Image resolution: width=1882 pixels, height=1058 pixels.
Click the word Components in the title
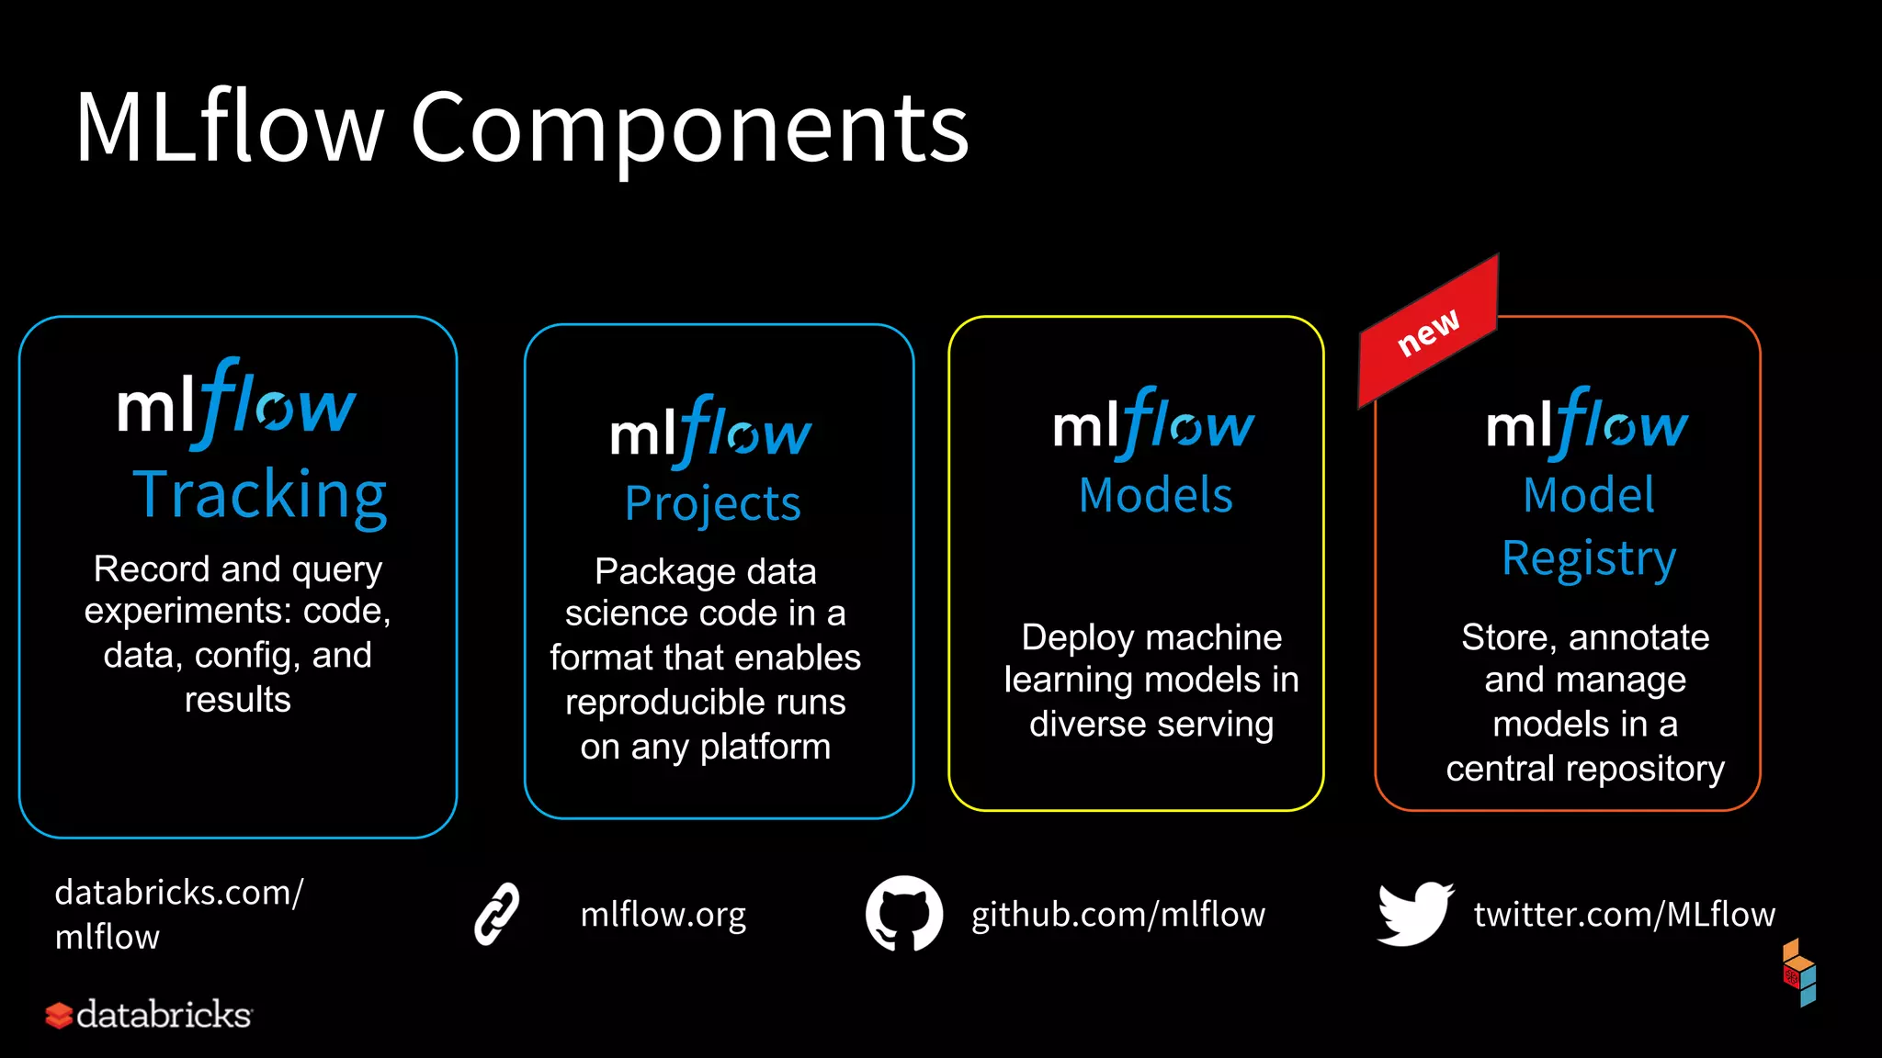point(689,129)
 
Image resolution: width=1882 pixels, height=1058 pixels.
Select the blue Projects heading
point(713,504)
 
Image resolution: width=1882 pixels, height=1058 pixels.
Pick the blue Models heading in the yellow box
point(1155,496)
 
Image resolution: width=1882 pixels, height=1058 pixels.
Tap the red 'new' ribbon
point(1429,332)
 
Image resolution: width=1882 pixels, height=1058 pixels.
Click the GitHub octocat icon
point(904,914)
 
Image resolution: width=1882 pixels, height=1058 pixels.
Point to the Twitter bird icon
point(1415,914)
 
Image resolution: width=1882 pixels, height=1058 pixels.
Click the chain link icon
point(497,914)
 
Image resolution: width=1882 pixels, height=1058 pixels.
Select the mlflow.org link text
point(663,915)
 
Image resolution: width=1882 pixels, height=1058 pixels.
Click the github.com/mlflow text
point(1118,915)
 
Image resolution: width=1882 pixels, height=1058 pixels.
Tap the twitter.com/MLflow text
point(1625,915)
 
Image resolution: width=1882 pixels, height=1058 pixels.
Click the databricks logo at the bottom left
point(149,1015)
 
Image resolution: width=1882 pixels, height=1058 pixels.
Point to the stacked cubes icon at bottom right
point(1799,974)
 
